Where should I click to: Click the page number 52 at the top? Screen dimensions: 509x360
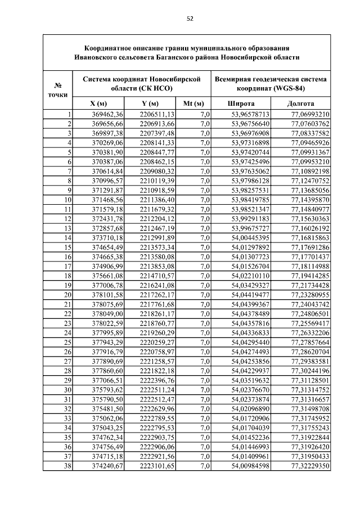[x=190, y=19]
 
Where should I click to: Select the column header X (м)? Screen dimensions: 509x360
[x=98, y=104]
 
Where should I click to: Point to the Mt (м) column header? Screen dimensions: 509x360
[x=193, y=104]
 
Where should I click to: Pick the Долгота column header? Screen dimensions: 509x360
[x=300, y=104]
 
